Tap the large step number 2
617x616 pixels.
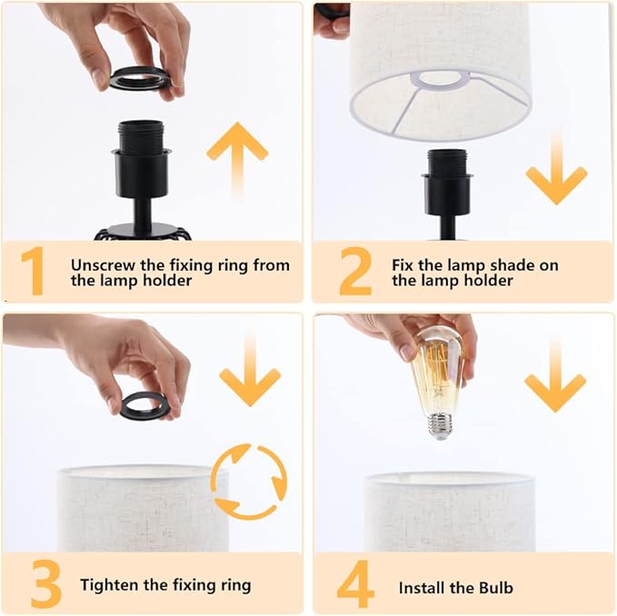[x=355, y=271]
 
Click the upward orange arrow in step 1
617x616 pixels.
[x=237, y=157]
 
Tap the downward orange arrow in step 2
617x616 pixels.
[x=556, y=169]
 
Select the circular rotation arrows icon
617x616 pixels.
[x=249, y=481]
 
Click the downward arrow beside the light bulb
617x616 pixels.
[x=555, y=375]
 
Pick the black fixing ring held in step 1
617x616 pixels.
[x=140, y=77]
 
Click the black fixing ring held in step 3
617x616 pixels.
[x=144, y=405]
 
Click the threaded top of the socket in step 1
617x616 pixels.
[x=141, y=135]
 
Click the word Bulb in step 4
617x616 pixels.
[x=496, y=588]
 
